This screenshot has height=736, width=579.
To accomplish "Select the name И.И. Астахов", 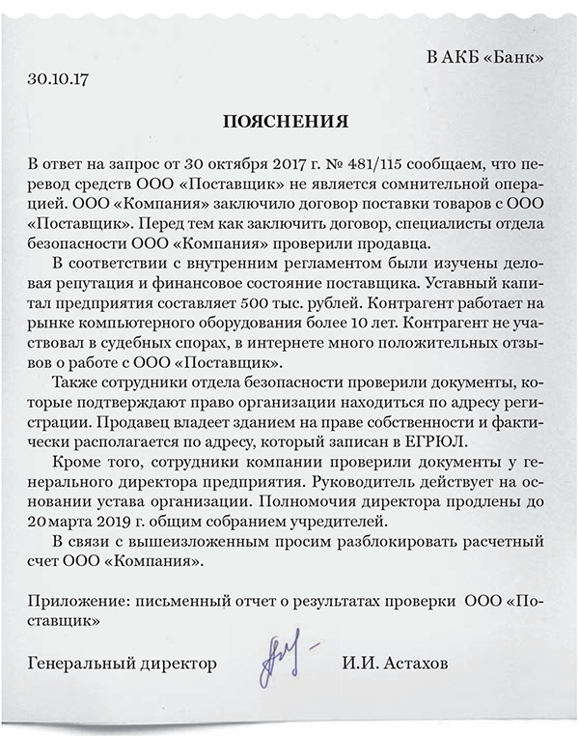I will (394, 665).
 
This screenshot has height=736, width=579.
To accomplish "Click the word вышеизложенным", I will (179, 538).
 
